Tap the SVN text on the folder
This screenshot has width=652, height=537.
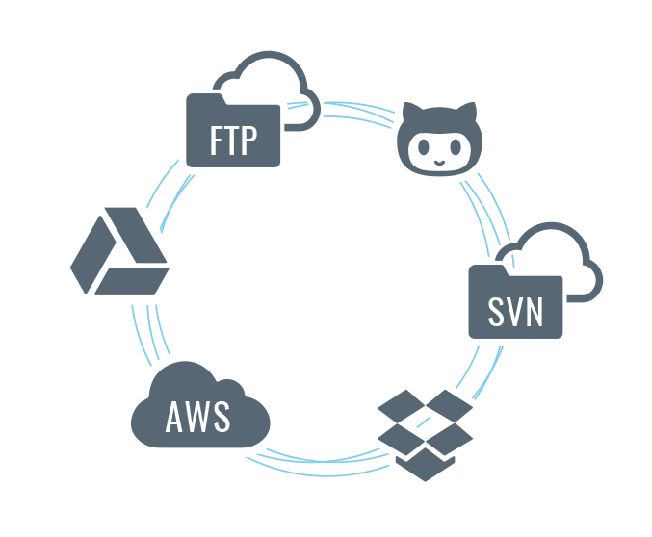(x=515, y=312)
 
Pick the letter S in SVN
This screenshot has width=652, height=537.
(x=495, y=312)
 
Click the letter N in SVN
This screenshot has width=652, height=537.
(x=535, y=312)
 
